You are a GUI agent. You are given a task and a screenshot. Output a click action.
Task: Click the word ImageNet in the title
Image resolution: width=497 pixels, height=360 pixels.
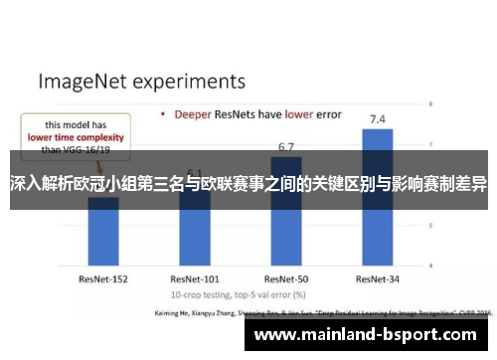[x=83, y=79]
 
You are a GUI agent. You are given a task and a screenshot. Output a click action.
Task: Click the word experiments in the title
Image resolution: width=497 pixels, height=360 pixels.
[x=189, y=79]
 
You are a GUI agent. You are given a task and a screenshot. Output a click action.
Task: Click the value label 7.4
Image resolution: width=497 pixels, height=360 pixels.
[x=378, y=119]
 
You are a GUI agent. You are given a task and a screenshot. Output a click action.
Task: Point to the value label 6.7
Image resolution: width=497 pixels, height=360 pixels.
[x=286, y=147]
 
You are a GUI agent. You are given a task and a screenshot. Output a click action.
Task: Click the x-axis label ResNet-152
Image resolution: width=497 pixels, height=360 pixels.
[x=103, y=253]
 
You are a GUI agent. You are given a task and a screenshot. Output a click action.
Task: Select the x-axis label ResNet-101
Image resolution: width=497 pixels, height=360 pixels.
[x=195, y=253]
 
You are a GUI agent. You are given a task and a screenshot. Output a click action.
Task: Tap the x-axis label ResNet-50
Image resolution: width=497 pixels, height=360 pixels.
[x=286, y=253]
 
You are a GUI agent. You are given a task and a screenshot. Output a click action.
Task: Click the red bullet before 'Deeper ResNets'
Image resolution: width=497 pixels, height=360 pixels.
[x=162, y=114]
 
